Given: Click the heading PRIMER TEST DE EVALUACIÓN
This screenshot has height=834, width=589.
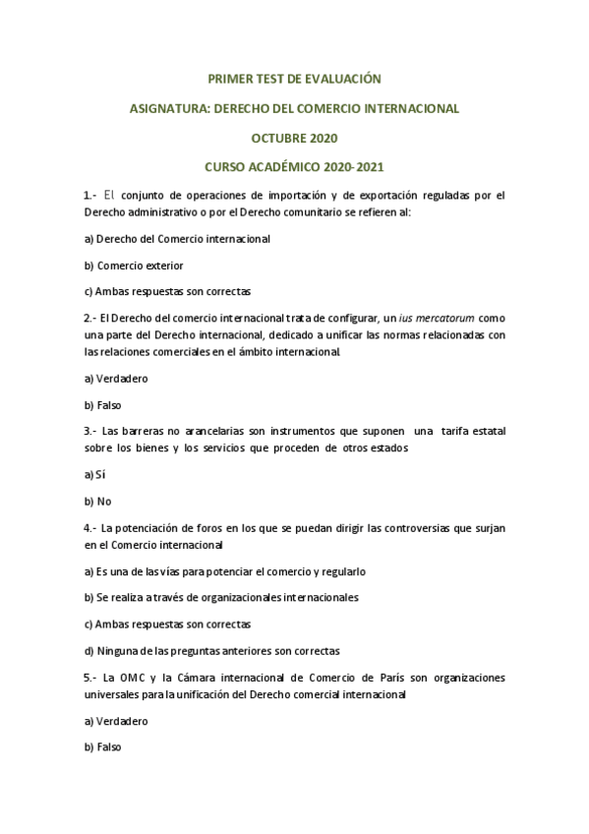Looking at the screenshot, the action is [x=295, y=76].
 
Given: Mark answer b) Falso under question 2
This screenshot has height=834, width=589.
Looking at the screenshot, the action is [x=103, y=404].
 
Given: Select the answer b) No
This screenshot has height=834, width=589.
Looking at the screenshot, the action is [x=97, y=501].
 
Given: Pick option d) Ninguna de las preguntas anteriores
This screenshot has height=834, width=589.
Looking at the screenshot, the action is [x=211, y=650].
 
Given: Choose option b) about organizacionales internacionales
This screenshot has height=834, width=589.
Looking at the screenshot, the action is [x=221, y=597].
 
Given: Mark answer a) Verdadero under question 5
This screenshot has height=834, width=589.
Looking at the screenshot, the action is [x=116, y=720].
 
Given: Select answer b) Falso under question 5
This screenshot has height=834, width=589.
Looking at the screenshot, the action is [x=103, y=746].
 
